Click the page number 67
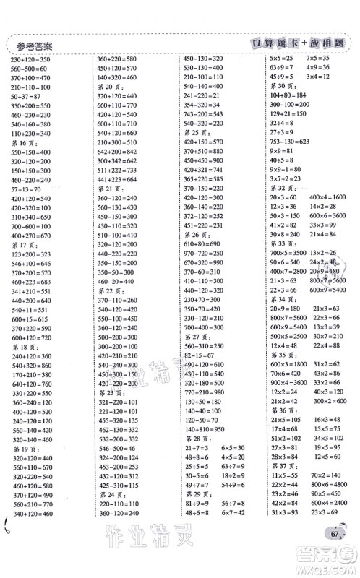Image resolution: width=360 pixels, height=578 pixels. tap(333, 532)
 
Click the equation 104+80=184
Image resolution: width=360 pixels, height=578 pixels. tap(288, 95)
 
